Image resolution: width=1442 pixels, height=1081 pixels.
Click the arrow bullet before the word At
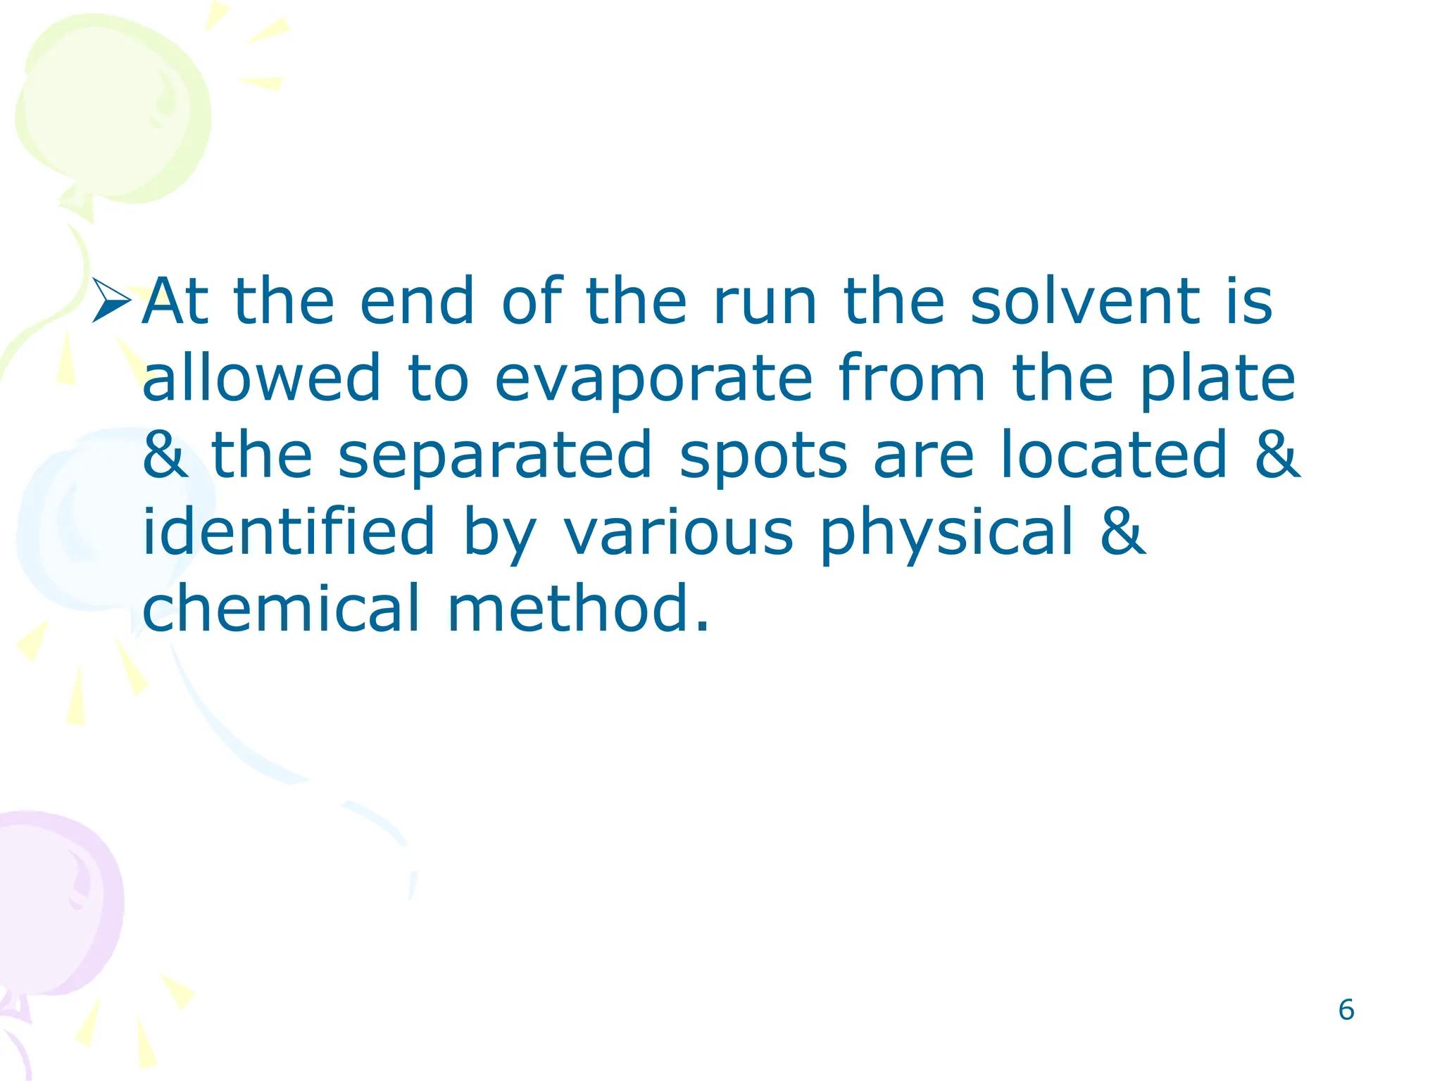[111, 301]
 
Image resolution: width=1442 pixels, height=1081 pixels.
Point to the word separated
[495, 455]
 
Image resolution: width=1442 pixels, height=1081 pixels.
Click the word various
[679, 533]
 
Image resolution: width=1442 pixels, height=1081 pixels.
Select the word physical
[947, 533]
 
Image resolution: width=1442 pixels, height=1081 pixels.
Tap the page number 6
[1346, 1010]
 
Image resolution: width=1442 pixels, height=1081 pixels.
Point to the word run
[765, 303]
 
